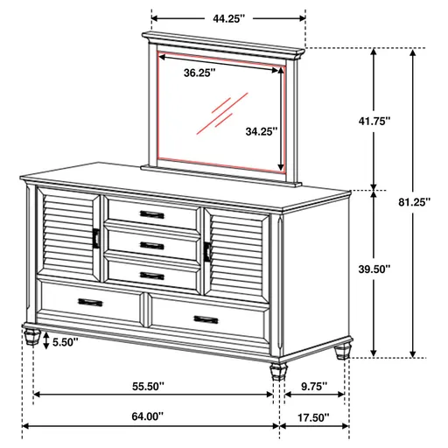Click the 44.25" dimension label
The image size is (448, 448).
coord(228,17)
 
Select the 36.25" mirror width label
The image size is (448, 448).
coord(201,73)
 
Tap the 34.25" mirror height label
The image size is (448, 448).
coord(261,131)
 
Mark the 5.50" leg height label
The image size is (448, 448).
coord(64,341)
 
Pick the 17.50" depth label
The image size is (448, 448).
coord(311,416)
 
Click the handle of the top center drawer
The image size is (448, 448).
coord(150,214)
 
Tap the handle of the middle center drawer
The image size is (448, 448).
coord(150,245)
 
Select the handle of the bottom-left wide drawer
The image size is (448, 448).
coord(89,302)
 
